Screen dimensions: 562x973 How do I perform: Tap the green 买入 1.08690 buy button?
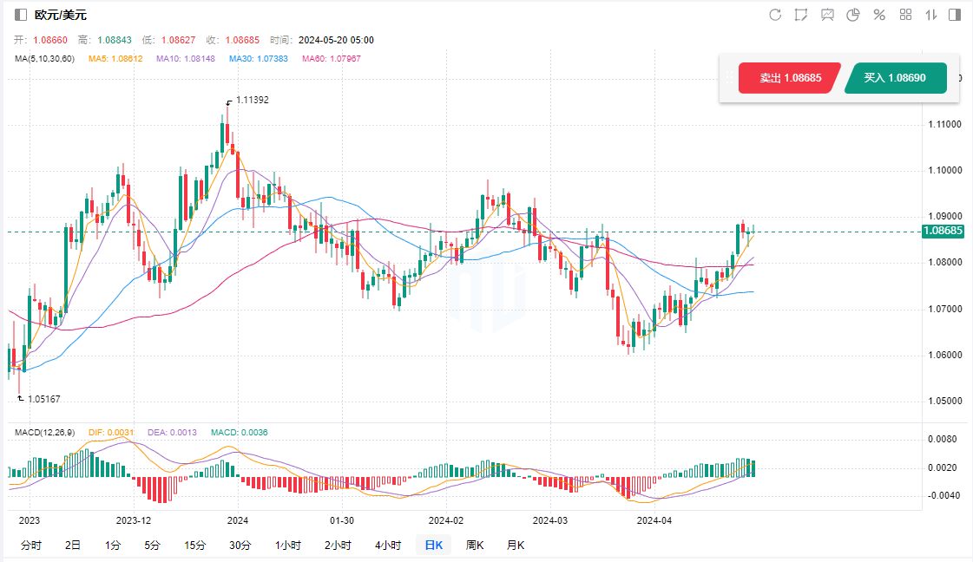point(894,78)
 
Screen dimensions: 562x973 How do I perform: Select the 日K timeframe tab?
point(433,546)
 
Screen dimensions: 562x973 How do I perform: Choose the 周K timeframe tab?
point(475,546)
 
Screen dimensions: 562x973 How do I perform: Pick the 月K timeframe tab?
point(516,546)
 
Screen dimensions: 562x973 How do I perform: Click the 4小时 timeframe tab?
point(388,546)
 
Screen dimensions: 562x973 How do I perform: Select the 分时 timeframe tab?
point(30,546)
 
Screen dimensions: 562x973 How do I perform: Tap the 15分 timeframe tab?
point(194,546)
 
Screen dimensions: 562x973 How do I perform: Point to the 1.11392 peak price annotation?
point(252,100)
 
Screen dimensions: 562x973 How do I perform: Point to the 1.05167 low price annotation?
point(43,399)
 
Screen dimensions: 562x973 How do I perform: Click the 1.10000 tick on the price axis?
point(941,170)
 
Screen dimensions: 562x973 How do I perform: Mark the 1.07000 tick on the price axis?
point(941,309)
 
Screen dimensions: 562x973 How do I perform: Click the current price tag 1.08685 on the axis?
point(943,231)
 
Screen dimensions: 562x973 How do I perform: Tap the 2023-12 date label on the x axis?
point(134,520)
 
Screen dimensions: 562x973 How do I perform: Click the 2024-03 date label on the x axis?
point(549,520)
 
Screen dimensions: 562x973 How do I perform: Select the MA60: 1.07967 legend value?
point(331,59)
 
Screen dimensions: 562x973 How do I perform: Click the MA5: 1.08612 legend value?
point(115,59)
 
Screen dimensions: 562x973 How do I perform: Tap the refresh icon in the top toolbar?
point(775,15)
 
